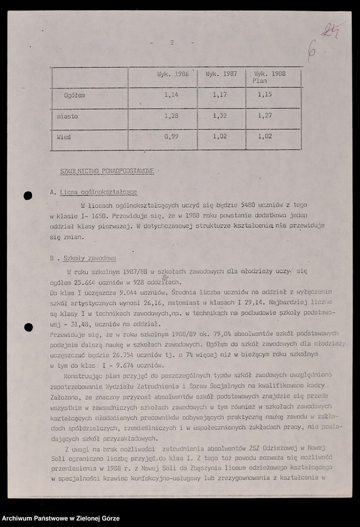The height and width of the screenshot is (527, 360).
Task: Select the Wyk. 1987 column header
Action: point(222,73)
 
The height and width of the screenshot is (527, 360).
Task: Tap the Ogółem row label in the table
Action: point(74,95)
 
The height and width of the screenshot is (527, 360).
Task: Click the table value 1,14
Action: point(171,95)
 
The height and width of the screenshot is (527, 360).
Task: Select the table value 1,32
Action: point(219,115)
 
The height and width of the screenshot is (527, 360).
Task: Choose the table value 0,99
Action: point(171,136)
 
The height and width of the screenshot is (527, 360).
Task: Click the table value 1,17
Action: point(219,95)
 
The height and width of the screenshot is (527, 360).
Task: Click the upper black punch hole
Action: point(28,196)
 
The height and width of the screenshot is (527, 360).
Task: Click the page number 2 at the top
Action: point(171,43)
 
